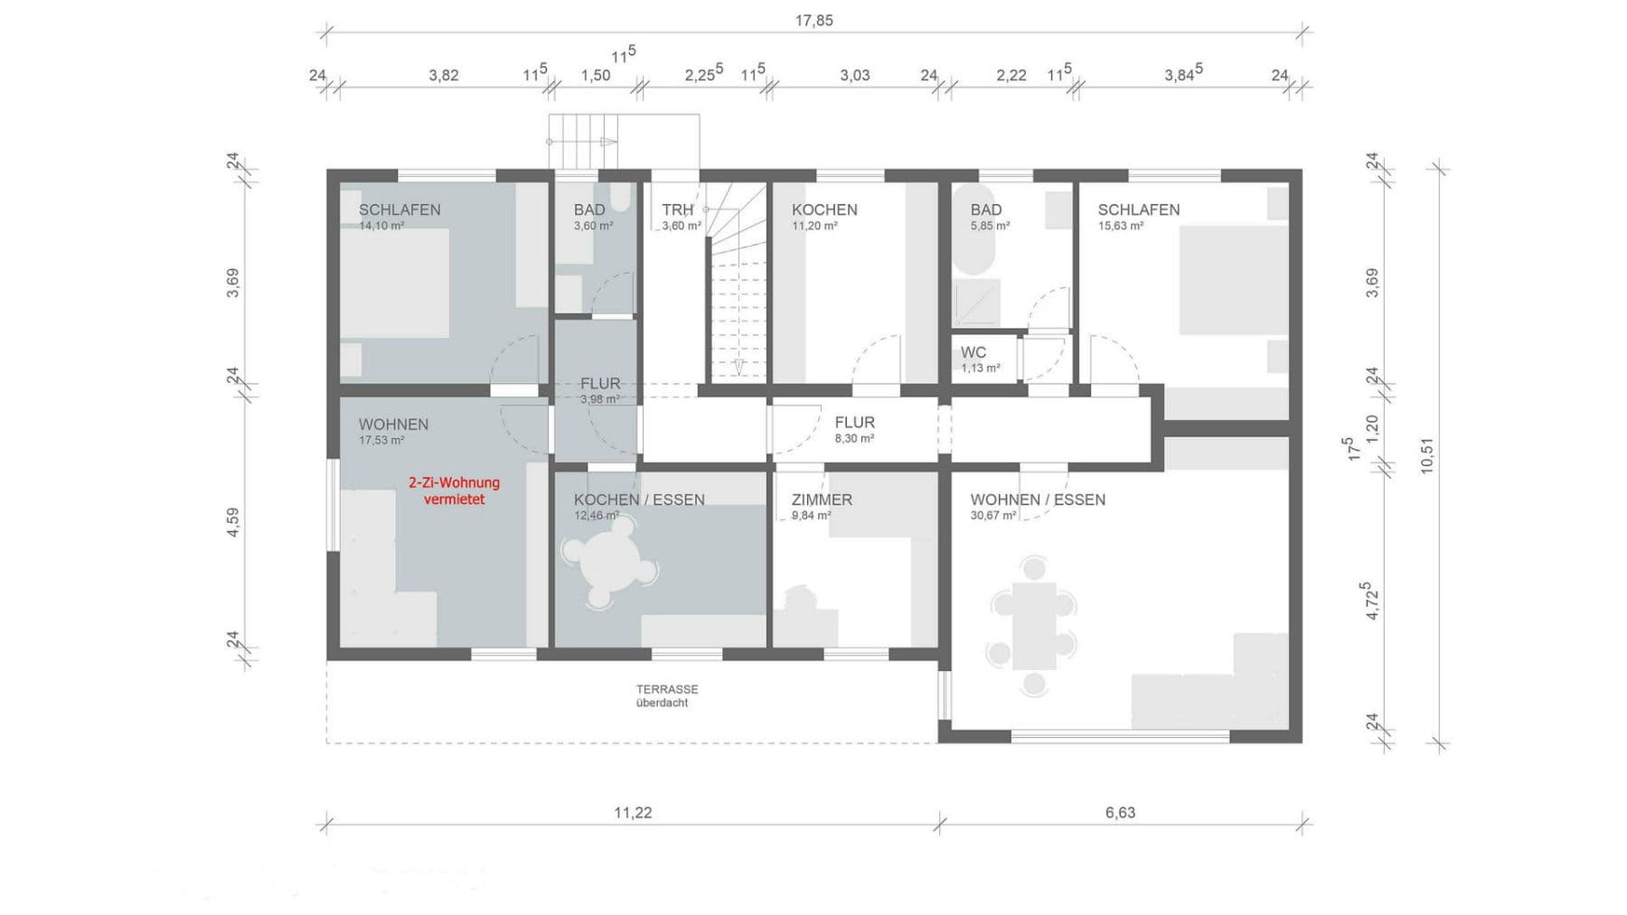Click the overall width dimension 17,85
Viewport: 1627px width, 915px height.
(x=813, y=20)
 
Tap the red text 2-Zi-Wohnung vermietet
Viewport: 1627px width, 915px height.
(x=454, y=490)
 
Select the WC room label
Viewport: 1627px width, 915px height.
(x=973, y=352)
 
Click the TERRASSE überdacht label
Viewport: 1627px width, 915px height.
(x=666, y=696)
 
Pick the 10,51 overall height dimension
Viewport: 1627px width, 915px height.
(x=1427, y=455)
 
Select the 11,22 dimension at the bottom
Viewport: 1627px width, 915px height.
(x=633, y=812)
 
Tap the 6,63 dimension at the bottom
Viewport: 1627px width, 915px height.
(x=1120, y=812)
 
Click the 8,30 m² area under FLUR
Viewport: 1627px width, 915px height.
(x=853, y=439)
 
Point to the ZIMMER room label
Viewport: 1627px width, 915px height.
(x=822, y=500)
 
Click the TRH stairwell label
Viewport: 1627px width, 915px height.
(x=677, y=210)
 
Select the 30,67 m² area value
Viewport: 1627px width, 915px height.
(x=992, y=516)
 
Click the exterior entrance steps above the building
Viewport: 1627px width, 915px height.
(x=583, y=142)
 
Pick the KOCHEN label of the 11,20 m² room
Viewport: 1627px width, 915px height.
(x=824, y=210)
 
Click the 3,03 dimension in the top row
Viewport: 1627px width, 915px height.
(x=854, y=75)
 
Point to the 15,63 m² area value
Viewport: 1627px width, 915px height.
(x=1120, y=226)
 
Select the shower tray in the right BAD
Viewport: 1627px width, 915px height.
(x=977, y=303)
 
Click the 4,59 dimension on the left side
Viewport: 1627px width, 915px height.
(x=233, y=523)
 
